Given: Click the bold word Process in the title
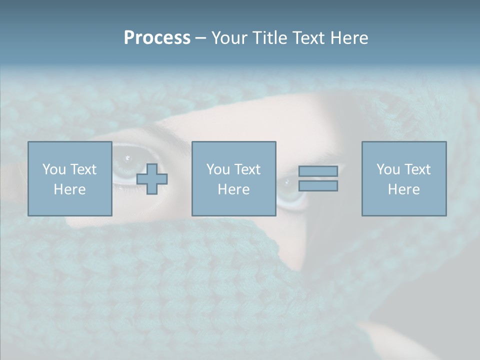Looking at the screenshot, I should click(157, 38).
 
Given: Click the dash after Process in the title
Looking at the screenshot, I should click(200, 38).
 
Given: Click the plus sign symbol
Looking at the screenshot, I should click(152, 179).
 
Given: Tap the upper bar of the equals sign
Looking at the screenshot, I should click(318, 171).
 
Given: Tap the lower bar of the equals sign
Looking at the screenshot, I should click(318, 186).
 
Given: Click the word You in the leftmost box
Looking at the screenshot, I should click(54, 169).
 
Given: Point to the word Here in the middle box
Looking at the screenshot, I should click(234, 189).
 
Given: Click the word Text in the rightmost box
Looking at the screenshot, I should click(417, 169).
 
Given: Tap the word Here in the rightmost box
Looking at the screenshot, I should click(404, 189).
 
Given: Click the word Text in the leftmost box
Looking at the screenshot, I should click(83, 169).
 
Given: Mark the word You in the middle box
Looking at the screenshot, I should click(218, 169).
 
